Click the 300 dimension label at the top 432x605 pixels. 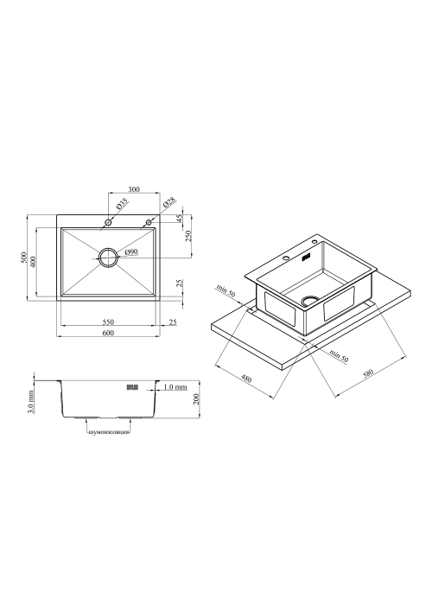click(133, 189)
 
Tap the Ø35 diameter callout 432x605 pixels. click(122, 204)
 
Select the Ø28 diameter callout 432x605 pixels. click(169, 202)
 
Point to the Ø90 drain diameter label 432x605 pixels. click(131, 252)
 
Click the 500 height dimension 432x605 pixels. click(24, 258)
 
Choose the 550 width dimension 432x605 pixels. click(108, 322)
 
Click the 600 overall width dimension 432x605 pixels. click(108, 333)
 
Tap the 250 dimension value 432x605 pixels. click(188, 236)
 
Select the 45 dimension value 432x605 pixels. click(179, 219)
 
